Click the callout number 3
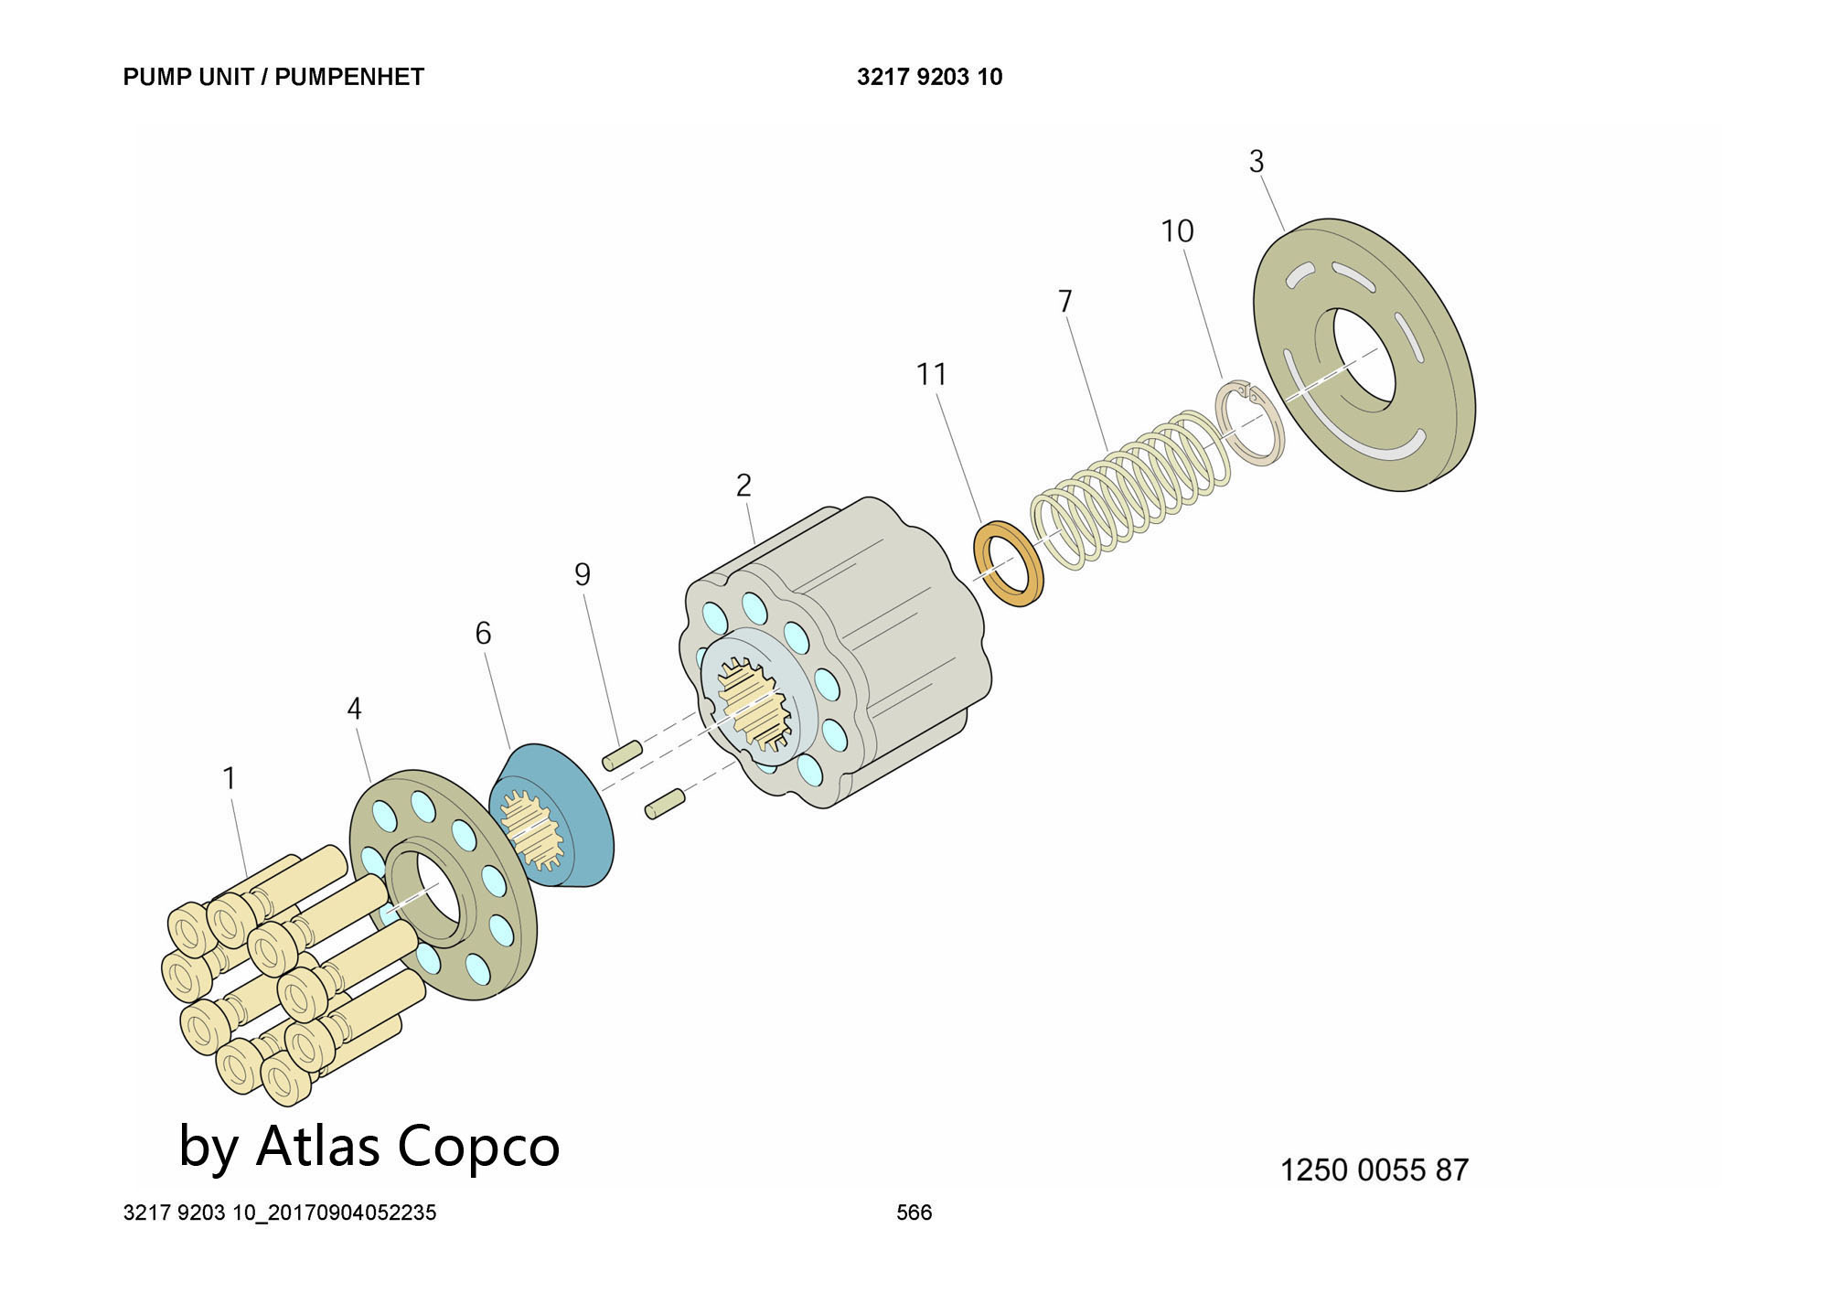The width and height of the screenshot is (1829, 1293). (1257, 162)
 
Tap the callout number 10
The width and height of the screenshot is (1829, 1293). (1177, 231)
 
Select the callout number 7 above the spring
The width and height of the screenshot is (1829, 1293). (1064, 301)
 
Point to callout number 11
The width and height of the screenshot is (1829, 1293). (931, 374)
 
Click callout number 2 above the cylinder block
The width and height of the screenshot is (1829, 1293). (743, 486)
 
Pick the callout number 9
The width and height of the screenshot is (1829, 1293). (583, 574)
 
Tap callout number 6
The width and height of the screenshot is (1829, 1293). (483, 633)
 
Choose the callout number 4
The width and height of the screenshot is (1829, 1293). (354, 709)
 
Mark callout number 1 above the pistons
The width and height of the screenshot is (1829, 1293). (230, 778)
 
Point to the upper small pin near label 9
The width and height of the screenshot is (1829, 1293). (622, 756)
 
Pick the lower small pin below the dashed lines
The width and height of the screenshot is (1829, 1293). (665, 804)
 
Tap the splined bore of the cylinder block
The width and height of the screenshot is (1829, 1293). (754, 701)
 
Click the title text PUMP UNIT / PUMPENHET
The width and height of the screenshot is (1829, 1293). (273, 77)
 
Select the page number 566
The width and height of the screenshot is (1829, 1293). (914, 1213)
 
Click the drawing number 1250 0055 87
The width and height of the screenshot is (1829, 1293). (1374, 1170)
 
